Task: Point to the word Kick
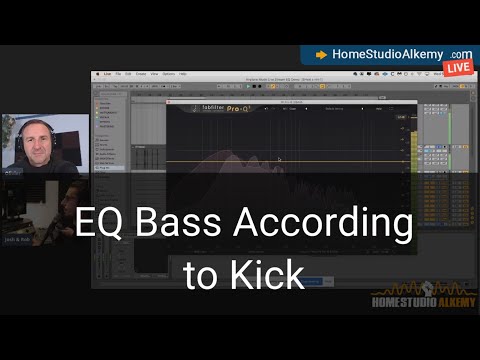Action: coord(271,274)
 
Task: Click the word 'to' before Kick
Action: coord(199,275)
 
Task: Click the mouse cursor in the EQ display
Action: coord(279,159)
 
